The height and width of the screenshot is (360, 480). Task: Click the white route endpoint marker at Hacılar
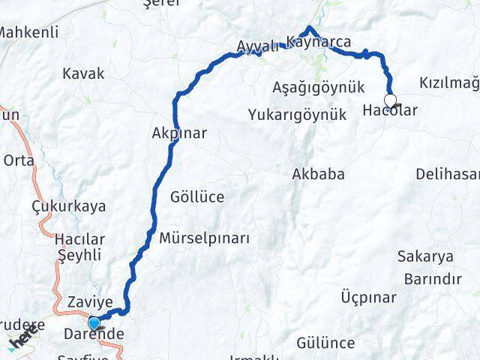click(390, 100)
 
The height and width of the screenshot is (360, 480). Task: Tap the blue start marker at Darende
click(93, 323)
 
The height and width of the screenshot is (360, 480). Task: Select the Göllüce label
click(197, 197)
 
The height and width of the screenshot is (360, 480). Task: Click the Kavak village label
click(84, 74)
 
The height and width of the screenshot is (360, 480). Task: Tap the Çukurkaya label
click(68, 206)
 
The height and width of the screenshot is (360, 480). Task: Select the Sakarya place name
click(425, 256)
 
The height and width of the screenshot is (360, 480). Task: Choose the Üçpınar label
click(368, 298)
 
